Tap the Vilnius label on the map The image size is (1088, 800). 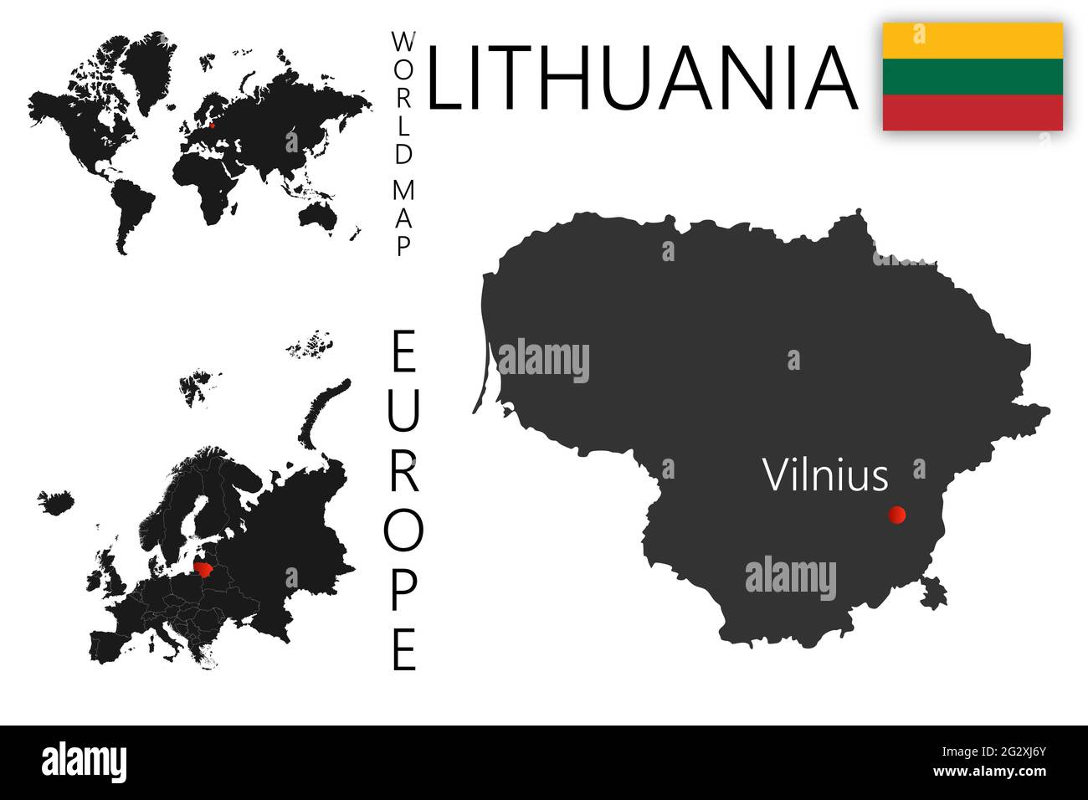pyautogui.click(x=824, y=475)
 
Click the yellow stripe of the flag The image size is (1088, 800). pyautogui.click(x=973, y=38)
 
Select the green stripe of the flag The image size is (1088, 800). pyautogui.click(x=973, y=75)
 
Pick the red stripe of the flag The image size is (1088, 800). pyautogui.click(x=973, y=112)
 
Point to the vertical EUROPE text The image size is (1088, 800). pyautogui.click(x=404, y=500)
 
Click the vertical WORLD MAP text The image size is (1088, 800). pyautogui.click(x=404, y=144)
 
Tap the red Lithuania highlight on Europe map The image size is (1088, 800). pyautogui.click(x=203, y=570)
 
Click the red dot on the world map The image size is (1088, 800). pyautogui.click(x=212, y=127)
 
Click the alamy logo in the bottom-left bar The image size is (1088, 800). pyautogui.click(x=84, y=762)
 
